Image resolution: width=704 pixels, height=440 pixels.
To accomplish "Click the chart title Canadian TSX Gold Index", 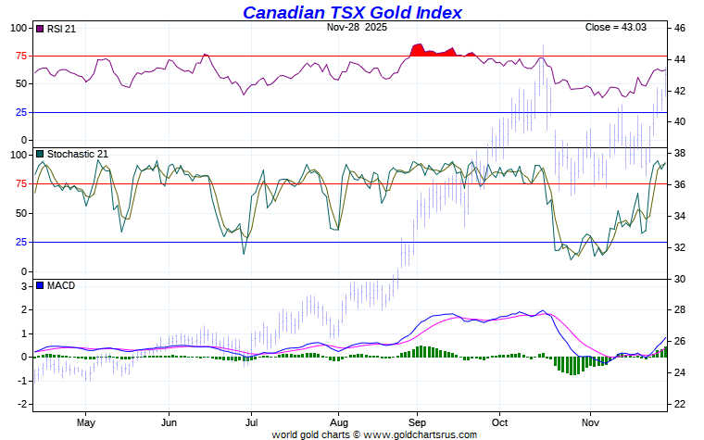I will [x=352, y=12].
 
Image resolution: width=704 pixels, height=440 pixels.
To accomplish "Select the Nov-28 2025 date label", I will [x=358, y=28].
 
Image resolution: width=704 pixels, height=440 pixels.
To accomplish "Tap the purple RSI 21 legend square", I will [x=39, y=30].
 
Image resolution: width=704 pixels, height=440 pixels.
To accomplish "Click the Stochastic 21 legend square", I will [x=39, y=154].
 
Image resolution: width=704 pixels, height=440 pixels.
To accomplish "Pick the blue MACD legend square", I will [x=39, y=285].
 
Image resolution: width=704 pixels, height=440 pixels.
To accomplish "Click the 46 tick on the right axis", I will [x=678, y=29].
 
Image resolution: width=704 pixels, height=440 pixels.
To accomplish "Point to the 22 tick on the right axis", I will [x=678, y=405].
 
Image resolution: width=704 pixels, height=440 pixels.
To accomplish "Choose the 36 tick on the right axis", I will [x=678, y=185].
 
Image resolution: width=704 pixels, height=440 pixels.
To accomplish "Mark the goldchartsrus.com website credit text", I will [x=374, y=434].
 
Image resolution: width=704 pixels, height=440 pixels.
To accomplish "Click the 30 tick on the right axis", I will [x=678, y=279].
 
